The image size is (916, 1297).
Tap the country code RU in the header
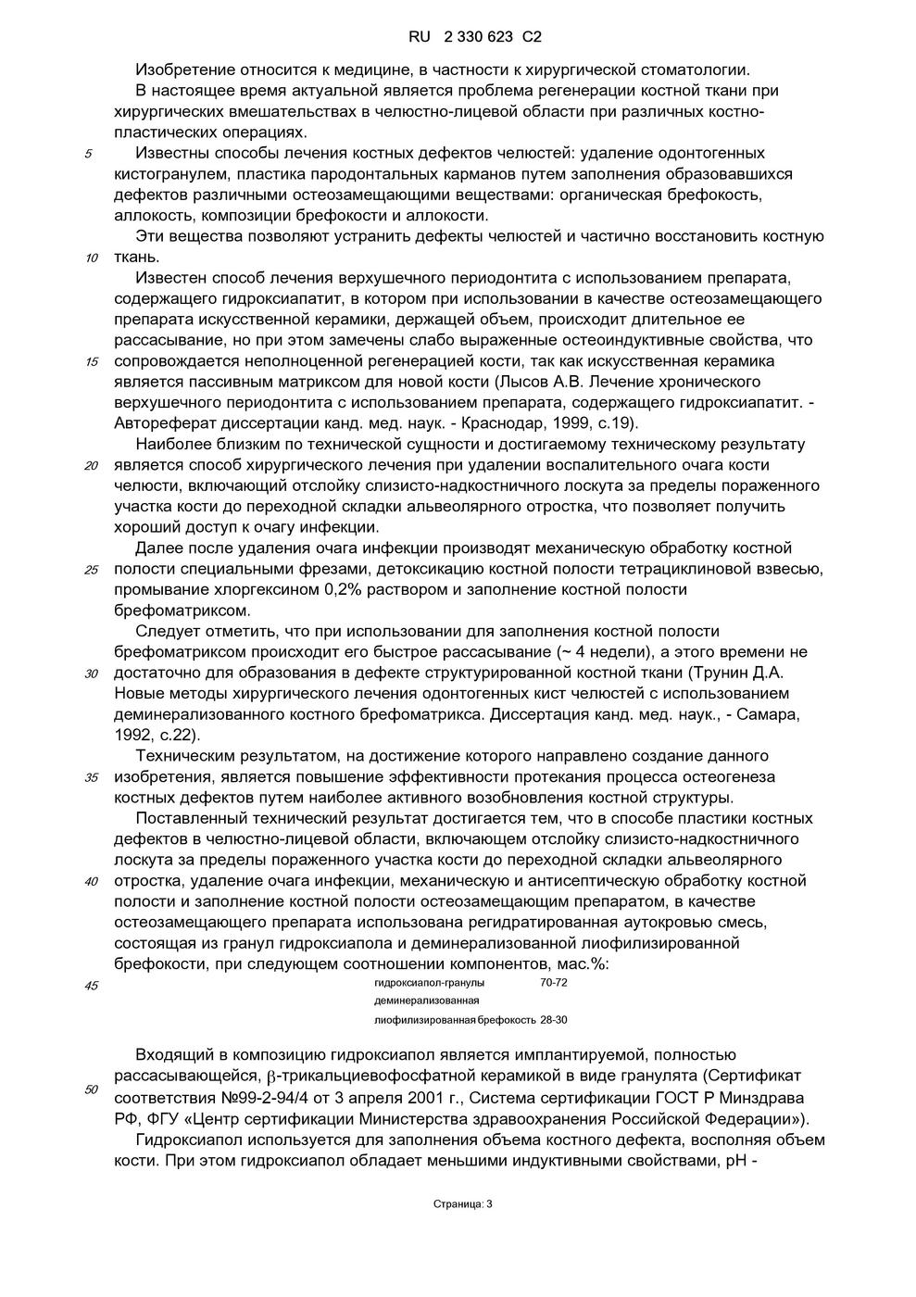click(x=420, y=38)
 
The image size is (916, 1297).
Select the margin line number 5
click(x=88, y=154)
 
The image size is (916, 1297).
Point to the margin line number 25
click(x=92, y=570)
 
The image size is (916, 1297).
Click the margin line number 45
click(x=92, y=986)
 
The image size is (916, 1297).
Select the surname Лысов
click(x=521, y=382)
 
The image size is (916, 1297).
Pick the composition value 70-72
click(x=554, y=983)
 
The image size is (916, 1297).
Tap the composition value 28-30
click(x=554, y=1020)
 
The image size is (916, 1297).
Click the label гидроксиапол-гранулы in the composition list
click(x=429, y=983)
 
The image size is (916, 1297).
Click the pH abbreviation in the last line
click(x=732, y=1160)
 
